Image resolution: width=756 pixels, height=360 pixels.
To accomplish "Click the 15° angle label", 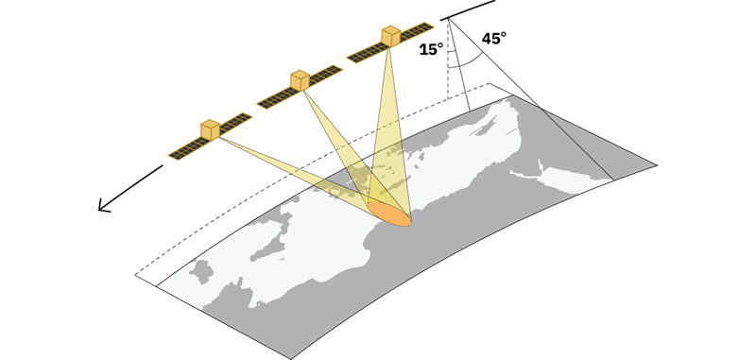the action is point(431,49).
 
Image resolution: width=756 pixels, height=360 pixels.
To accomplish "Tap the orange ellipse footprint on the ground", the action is point(390,214).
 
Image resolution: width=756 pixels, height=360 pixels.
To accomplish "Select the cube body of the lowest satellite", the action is point(210,130).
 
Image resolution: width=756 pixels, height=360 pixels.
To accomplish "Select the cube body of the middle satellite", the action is point(300,80).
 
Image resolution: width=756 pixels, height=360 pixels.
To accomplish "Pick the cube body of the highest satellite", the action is point(391,36).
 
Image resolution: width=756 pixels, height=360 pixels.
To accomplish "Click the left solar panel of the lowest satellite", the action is point(184,149).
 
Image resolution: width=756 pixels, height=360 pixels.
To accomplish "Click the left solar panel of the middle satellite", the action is point(274,99).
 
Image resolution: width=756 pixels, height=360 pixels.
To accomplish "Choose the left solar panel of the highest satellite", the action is point(366,53).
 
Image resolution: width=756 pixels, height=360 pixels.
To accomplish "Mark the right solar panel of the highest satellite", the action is point(417,30).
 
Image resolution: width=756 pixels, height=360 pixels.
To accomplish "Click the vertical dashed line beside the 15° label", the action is point(448,60).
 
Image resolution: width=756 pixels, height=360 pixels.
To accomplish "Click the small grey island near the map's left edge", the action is point(201,272).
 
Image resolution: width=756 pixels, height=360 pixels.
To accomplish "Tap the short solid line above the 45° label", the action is point(468,10).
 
